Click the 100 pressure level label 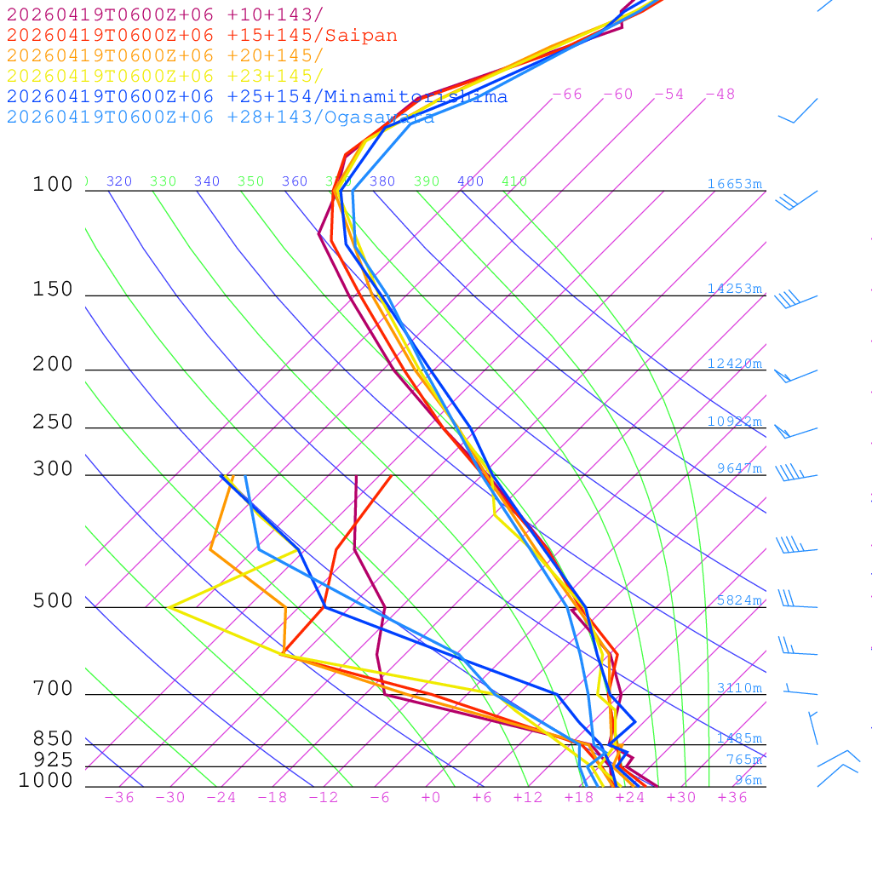coord(53,184)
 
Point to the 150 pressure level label coord(53,290)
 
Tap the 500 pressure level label coord(53,601)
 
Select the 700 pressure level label coord(53,689)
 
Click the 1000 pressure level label coord(46,780)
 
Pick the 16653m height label coord(734,184)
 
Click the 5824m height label coord(738,600)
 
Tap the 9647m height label coord(738,468)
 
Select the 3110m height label coord(738,688)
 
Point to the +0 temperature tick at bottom coord(430,798)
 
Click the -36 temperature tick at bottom coord(118,798)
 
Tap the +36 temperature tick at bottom coord(732,798)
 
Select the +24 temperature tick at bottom coord(630,798)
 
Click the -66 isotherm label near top coord(567,95)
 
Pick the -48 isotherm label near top coord(720,95)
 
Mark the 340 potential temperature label coord(207,181)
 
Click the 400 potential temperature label coord(470,181)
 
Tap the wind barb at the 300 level coord(792,473)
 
